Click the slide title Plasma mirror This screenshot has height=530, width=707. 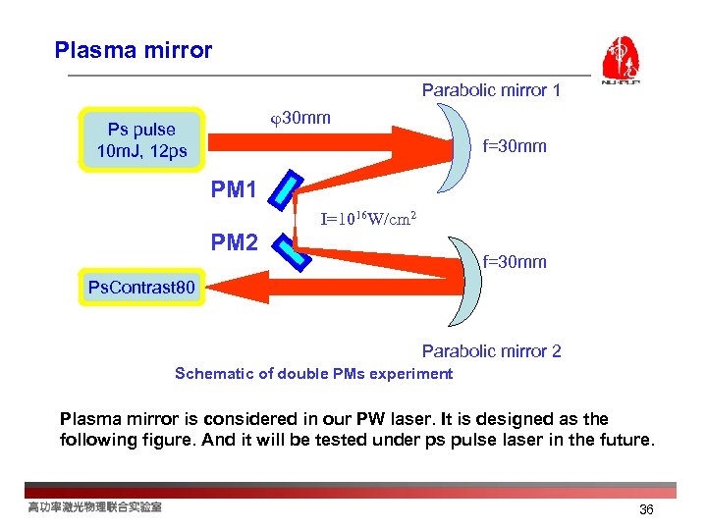click(134, 50)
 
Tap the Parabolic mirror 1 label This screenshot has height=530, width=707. click(491, 90)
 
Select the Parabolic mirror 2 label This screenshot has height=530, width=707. click(491, 351)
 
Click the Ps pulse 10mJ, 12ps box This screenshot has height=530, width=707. click(142, 140)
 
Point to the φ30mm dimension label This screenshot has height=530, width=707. click(299, 118)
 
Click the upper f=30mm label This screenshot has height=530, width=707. click(515, 146)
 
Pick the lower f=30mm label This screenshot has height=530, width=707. click(515, 262)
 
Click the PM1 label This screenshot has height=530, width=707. click(235, 189)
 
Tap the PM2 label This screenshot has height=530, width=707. click(235, 241)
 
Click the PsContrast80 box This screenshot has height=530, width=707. click(141, 288)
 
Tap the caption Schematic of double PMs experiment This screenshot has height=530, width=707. click(313, 374)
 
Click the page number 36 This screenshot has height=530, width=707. click(646, 509)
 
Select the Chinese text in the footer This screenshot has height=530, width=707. click(94, 506)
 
